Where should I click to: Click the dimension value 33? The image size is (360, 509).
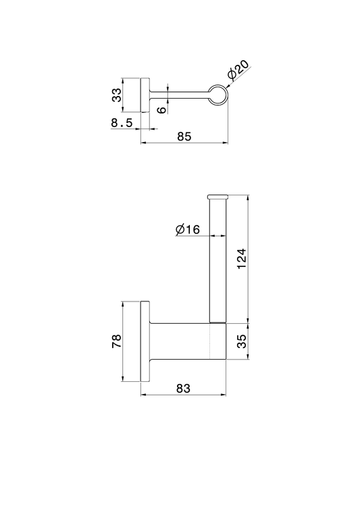click(116, 95)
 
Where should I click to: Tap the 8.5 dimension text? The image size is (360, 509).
click(122, 123)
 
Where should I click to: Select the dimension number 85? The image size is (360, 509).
click(184, 137)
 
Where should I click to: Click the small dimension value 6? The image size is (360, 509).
click(161, 110)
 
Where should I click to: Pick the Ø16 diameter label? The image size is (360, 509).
click(188, 230)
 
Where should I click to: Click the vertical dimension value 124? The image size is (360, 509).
click(242, 259)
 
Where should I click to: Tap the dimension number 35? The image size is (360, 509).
click(242, 341)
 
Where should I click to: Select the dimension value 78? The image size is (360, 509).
click(116, 341)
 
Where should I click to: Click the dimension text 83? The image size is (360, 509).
click(183, 388)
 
